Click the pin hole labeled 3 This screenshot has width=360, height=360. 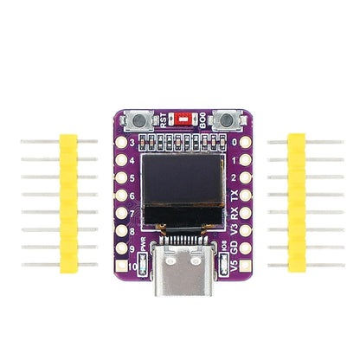[x=121, y=141]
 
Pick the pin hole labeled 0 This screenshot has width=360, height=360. [x=246, y=141]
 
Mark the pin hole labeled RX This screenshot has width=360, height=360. [x=246, y=214]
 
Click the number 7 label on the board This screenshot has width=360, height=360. [x=132, y=214]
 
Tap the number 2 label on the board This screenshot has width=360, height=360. [x=235, y=177]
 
